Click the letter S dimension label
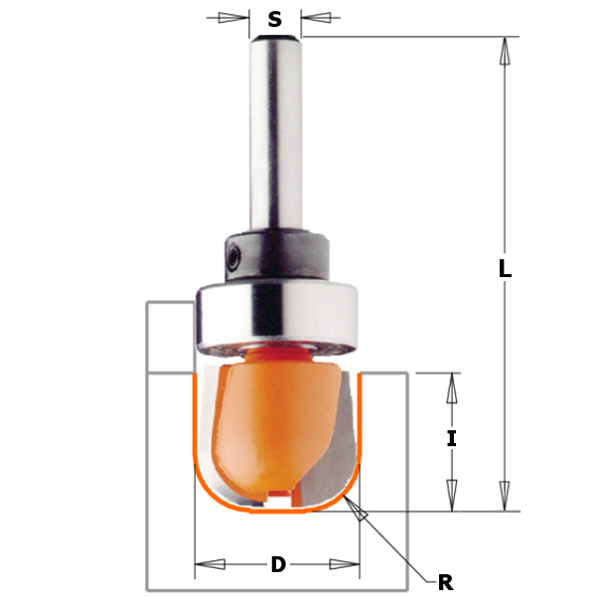(x=275, y=18)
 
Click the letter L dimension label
(x=506, y=267)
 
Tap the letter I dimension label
(x=452, y=438)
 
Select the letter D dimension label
(x=278, y=565)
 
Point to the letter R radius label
(x=445, y=582)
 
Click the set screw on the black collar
(x=231, y=254)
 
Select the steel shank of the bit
(x=275, y=129)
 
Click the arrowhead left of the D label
(x=210, y=566)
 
